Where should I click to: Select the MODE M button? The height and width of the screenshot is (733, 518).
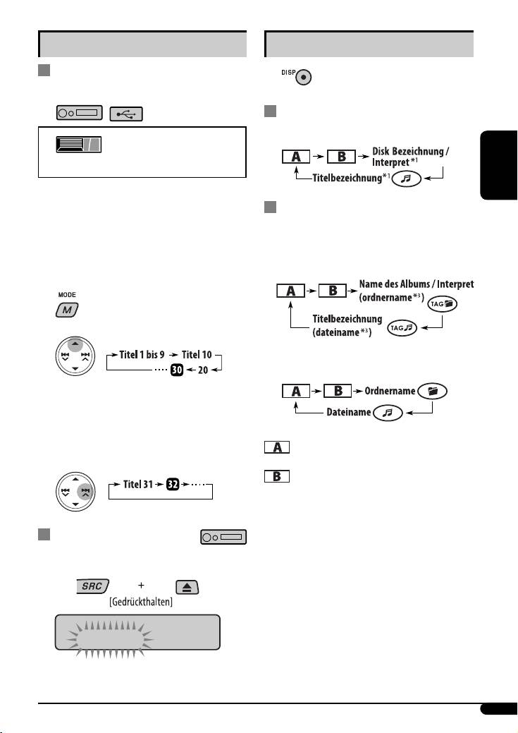(68, 309)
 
